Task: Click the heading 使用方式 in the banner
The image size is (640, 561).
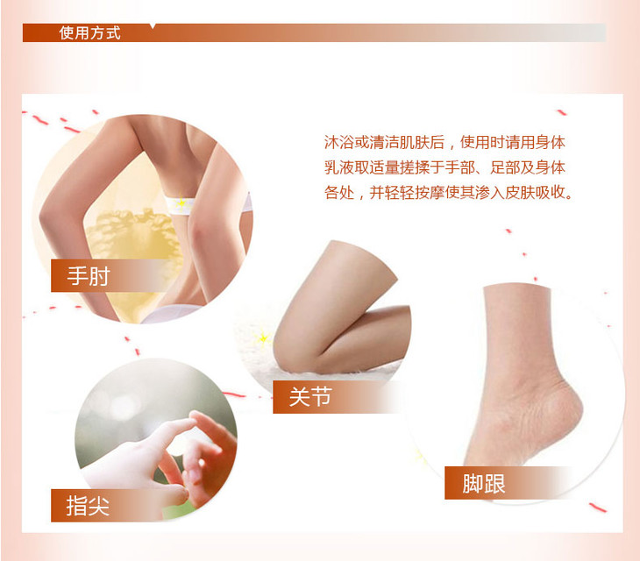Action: pos(89,32)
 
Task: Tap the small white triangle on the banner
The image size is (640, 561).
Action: pos(153,26)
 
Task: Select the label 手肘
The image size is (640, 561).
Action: pos(89,276)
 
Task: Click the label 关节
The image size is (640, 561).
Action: pos(310,396)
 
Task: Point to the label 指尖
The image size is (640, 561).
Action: pos(88,506)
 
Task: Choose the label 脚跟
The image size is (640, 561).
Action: pos(484,484)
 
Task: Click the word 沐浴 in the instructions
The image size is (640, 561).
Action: pos(338,142)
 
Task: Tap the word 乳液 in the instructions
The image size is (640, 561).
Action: pos(338,167)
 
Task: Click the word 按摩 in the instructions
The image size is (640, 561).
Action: pos(430,192)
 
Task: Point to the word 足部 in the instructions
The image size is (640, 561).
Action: pos(504,167)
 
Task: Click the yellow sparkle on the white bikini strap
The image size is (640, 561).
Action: pos(181,202)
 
